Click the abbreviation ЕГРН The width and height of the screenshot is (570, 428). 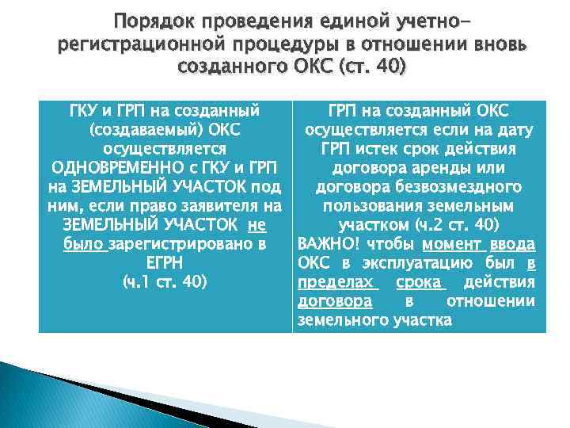click(x=165, y=263)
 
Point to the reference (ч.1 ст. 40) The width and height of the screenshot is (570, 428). click(x=165, y=282)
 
